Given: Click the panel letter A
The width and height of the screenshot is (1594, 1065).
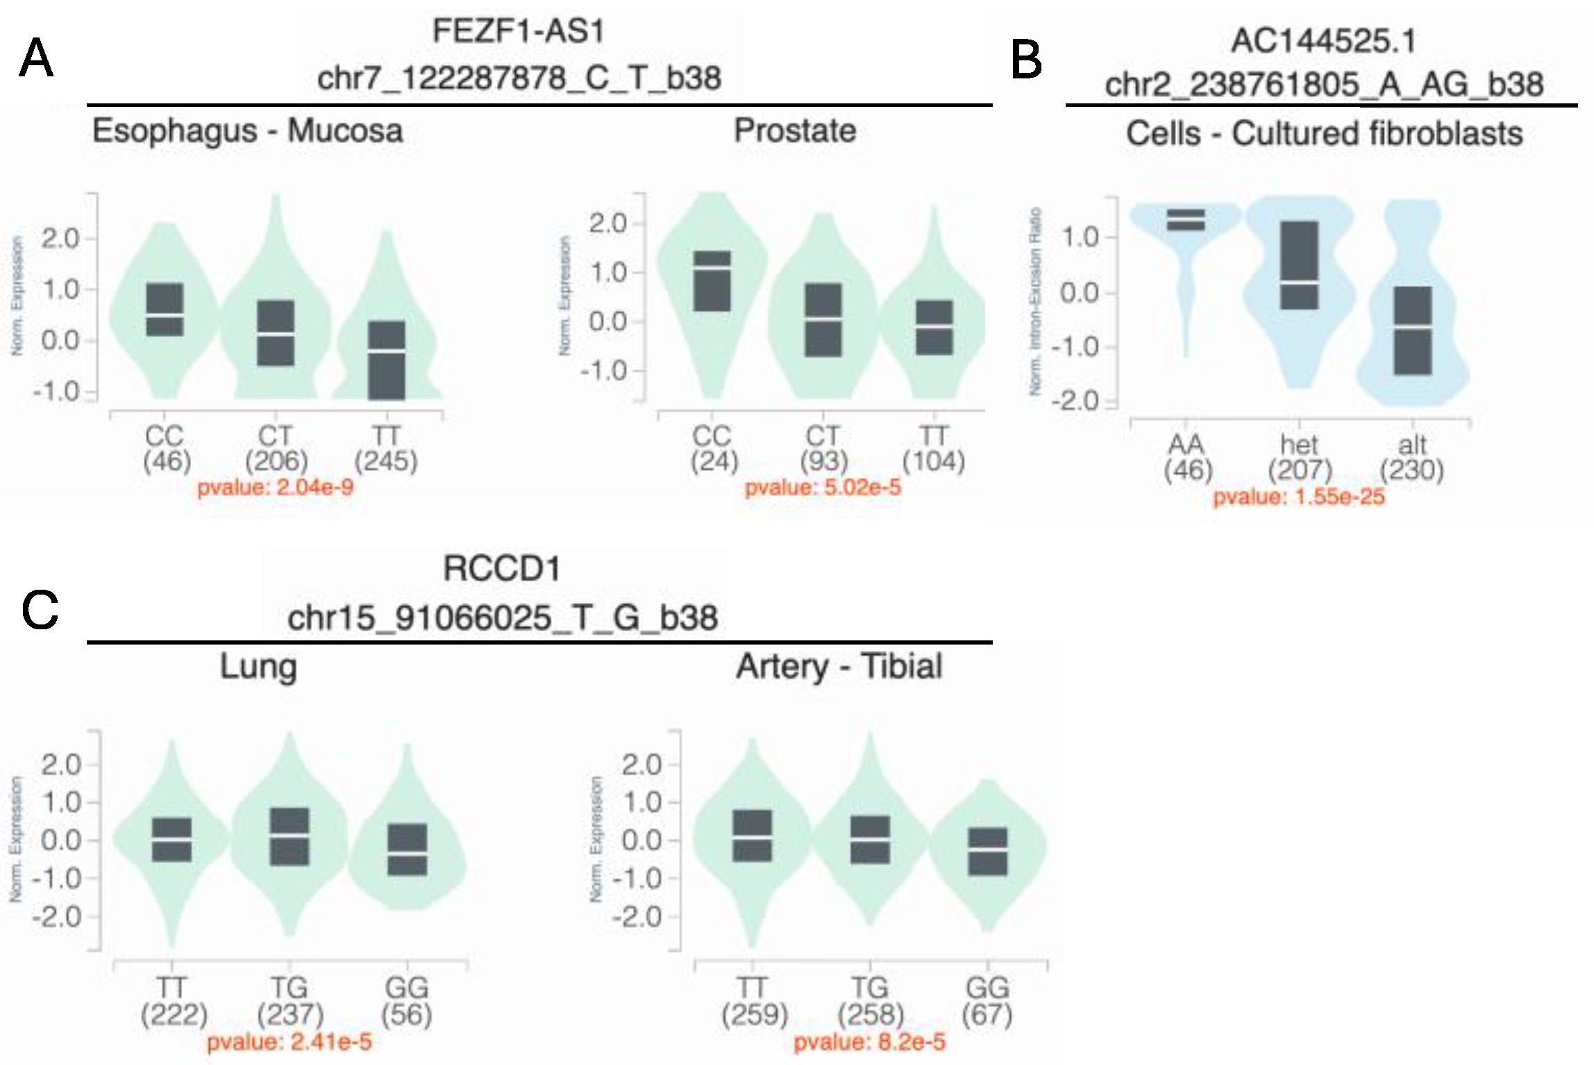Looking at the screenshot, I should (x=36, y=58).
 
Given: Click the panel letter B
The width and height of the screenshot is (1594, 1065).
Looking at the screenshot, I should (x=1026, y=60).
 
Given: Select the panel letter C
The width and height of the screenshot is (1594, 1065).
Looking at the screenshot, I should (x=40, y=611).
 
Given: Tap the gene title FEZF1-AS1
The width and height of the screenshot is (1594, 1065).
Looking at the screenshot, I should (x=519, y=32).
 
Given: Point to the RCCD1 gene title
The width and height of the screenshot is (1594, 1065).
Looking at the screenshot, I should (x=502, y=570).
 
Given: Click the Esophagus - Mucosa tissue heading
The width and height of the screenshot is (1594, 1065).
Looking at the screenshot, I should (x=248, y=131).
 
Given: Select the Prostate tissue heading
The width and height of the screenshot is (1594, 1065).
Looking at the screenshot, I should (x=795, y=131).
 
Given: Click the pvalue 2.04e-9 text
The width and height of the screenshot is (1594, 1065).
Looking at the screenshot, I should (x=276, y=488).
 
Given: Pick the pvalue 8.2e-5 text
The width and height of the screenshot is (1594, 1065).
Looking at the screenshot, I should (x=869, y=1042).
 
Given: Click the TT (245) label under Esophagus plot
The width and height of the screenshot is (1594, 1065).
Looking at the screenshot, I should (x=386, y=449).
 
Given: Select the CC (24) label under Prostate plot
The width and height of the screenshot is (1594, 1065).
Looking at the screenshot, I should (x=713, y=449).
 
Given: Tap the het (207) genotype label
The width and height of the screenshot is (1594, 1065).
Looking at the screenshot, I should (x=1300, y=458).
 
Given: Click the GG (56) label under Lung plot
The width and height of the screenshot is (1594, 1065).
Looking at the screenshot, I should (x=407, y=1002).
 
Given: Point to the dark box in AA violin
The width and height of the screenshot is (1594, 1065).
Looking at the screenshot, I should (x=1186, y=219).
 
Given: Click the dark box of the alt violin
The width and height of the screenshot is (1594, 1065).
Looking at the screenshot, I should (x=1413, y=331).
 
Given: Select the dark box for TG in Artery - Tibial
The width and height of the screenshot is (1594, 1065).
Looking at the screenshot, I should (x=870, y=840).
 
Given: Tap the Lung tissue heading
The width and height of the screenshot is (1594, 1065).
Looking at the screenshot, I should (x=258, y=667).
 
